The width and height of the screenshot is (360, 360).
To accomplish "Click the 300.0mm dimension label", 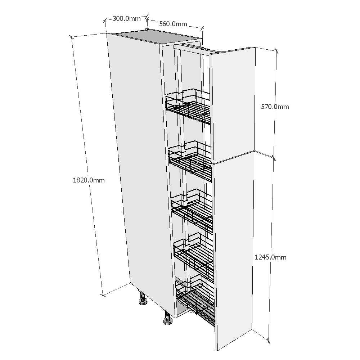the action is click(x=126, y=18).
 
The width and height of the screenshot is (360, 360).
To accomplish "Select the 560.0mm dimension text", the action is click(x=173, y=24).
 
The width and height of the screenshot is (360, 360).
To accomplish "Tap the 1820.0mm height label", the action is click(x=89, y=180).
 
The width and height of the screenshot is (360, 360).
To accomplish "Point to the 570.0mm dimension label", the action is click(x=275, y=107).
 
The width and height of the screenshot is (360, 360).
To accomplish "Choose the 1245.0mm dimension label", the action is click(x=270, y=257).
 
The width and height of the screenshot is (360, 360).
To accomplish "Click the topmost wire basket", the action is click(x=188, y=107).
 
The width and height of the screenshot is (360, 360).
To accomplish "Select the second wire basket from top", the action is click(x=190, y=161).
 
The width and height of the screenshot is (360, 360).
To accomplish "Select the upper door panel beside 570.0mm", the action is click(x=233, y=105).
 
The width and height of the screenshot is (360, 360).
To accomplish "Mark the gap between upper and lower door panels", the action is click(x=233, y=157).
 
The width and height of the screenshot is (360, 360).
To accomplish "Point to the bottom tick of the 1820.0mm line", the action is click(x=103, y=295).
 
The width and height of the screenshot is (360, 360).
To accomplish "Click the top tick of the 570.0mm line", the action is click(x=276, y=51).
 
